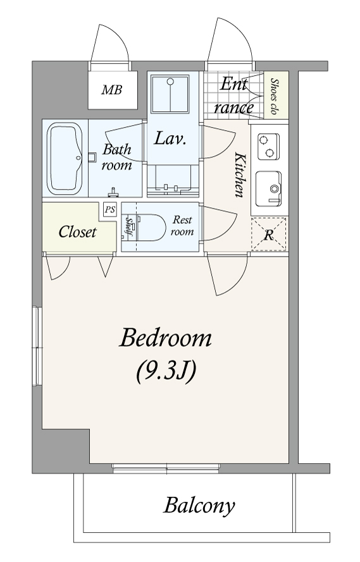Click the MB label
pyautogui.click(x=111, y=90)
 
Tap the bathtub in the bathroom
pyautogui.click(x=65, y=159)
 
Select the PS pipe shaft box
pyautogui.click(x=110, y=209)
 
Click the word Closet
pyautogui.click(x=77, y=232)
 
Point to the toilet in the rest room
pyautogui.click(x=147, y=228)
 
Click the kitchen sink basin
pyautogui.click(x=268, y=188)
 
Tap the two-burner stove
pyautogui.click(x=268, y=147)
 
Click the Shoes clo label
pyautogui.click(x=275, y=95)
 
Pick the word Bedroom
pyautogui.click(x=165, y=338)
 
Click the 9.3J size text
pyautogui.click(x=166, y=371)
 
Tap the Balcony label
pyautogui.click(x=199, y=506)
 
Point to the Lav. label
pyautogui.click(x=170, y=138)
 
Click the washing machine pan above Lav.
pyautogui.click(x=170, y=94)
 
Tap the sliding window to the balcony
pyautogui.click(x=166, y=468)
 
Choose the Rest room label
pyautogui.click(x=182, y=226)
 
